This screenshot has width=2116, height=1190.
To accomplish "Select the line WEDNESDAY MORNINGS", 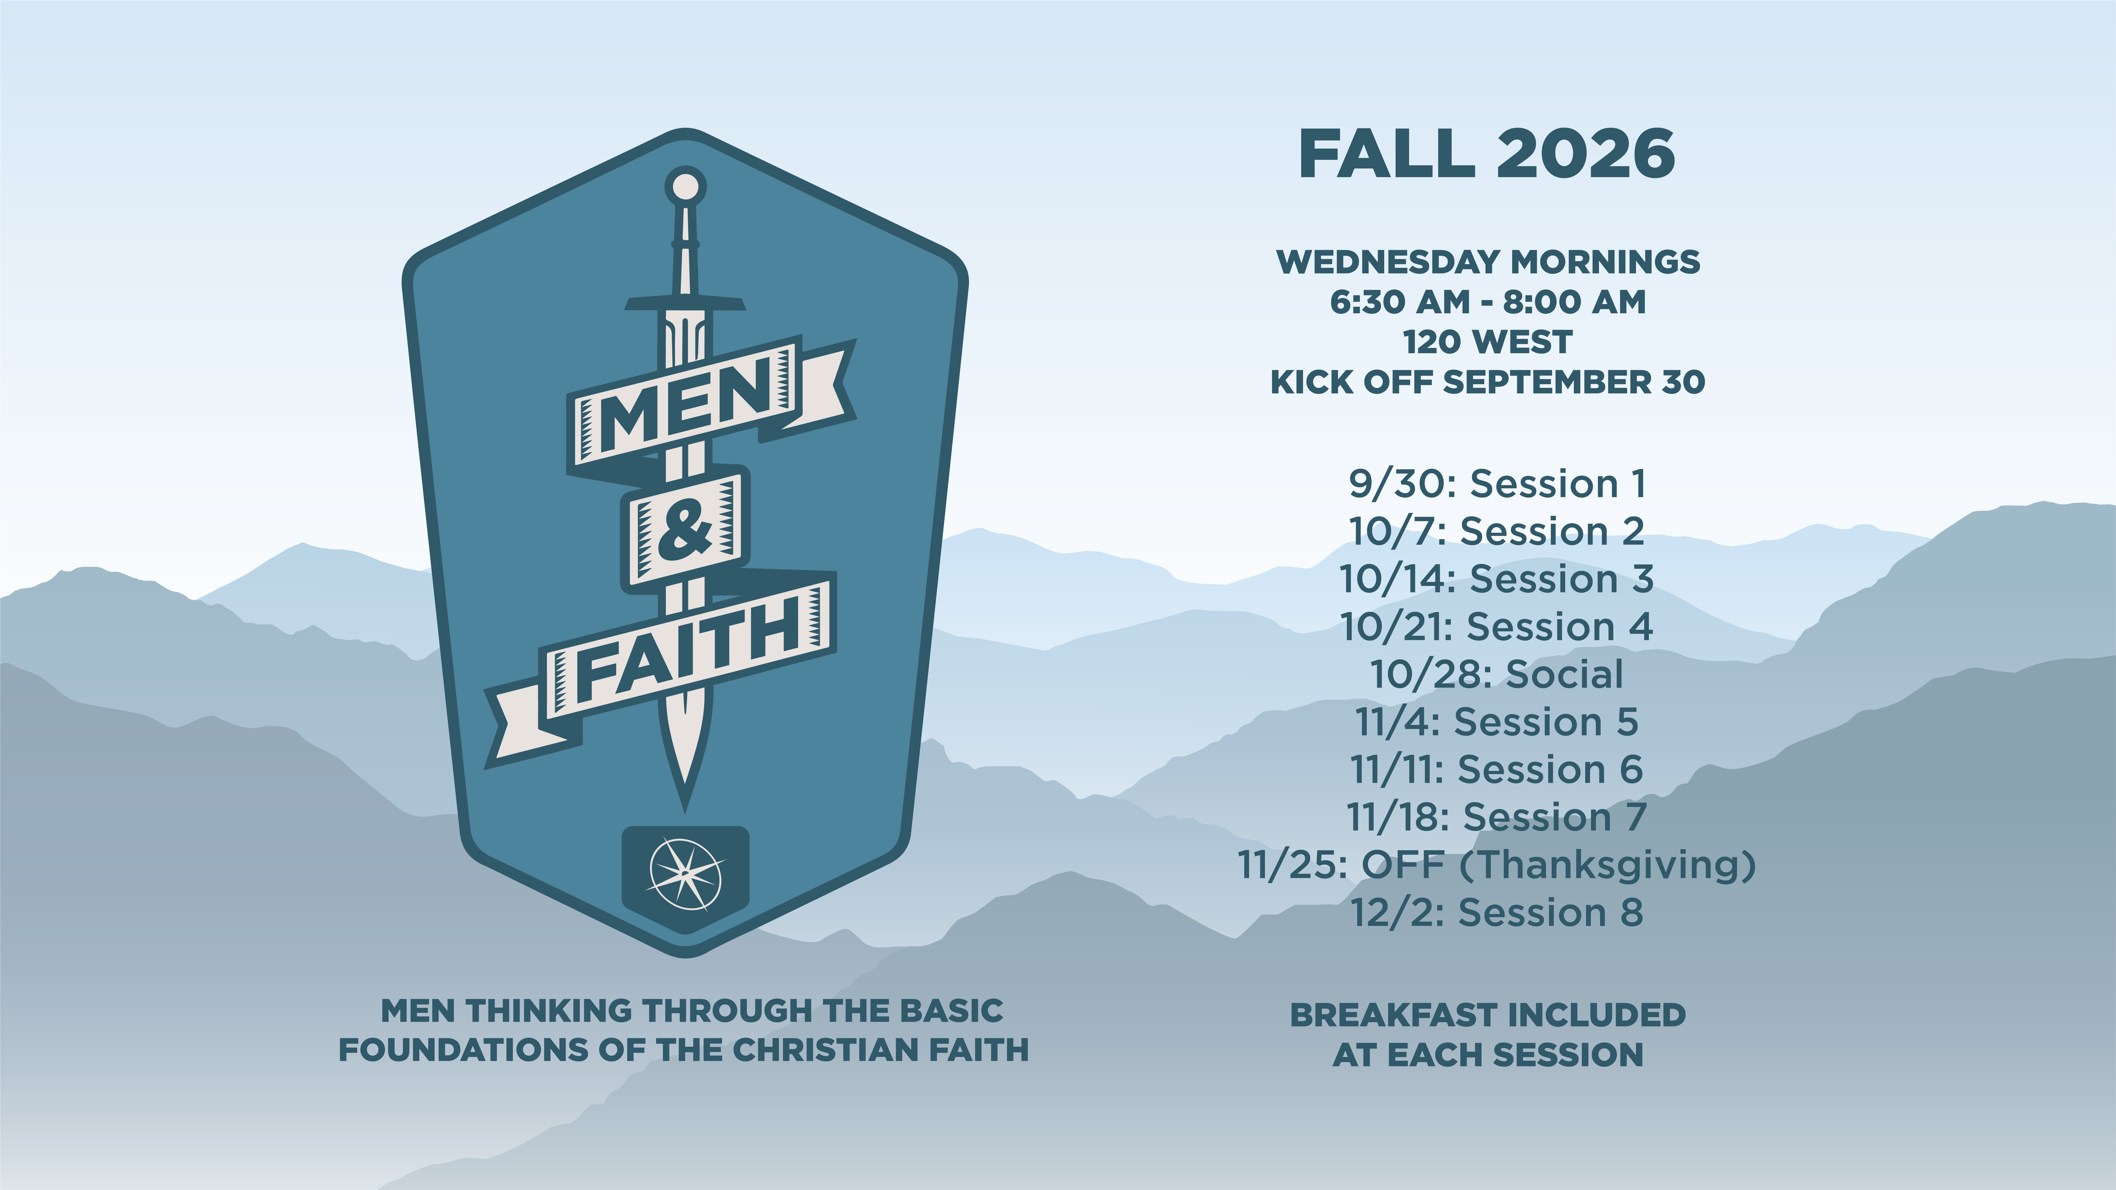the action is pyautogui.click(x=1488, y=262).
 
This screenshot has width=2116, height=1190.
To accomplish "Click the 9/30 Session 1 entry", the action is pyautogui.click(x=1497, y=484).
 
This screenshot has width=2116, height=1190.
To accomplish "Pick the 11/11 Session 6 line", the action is pyautogui.click(x=1497, y=770).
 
